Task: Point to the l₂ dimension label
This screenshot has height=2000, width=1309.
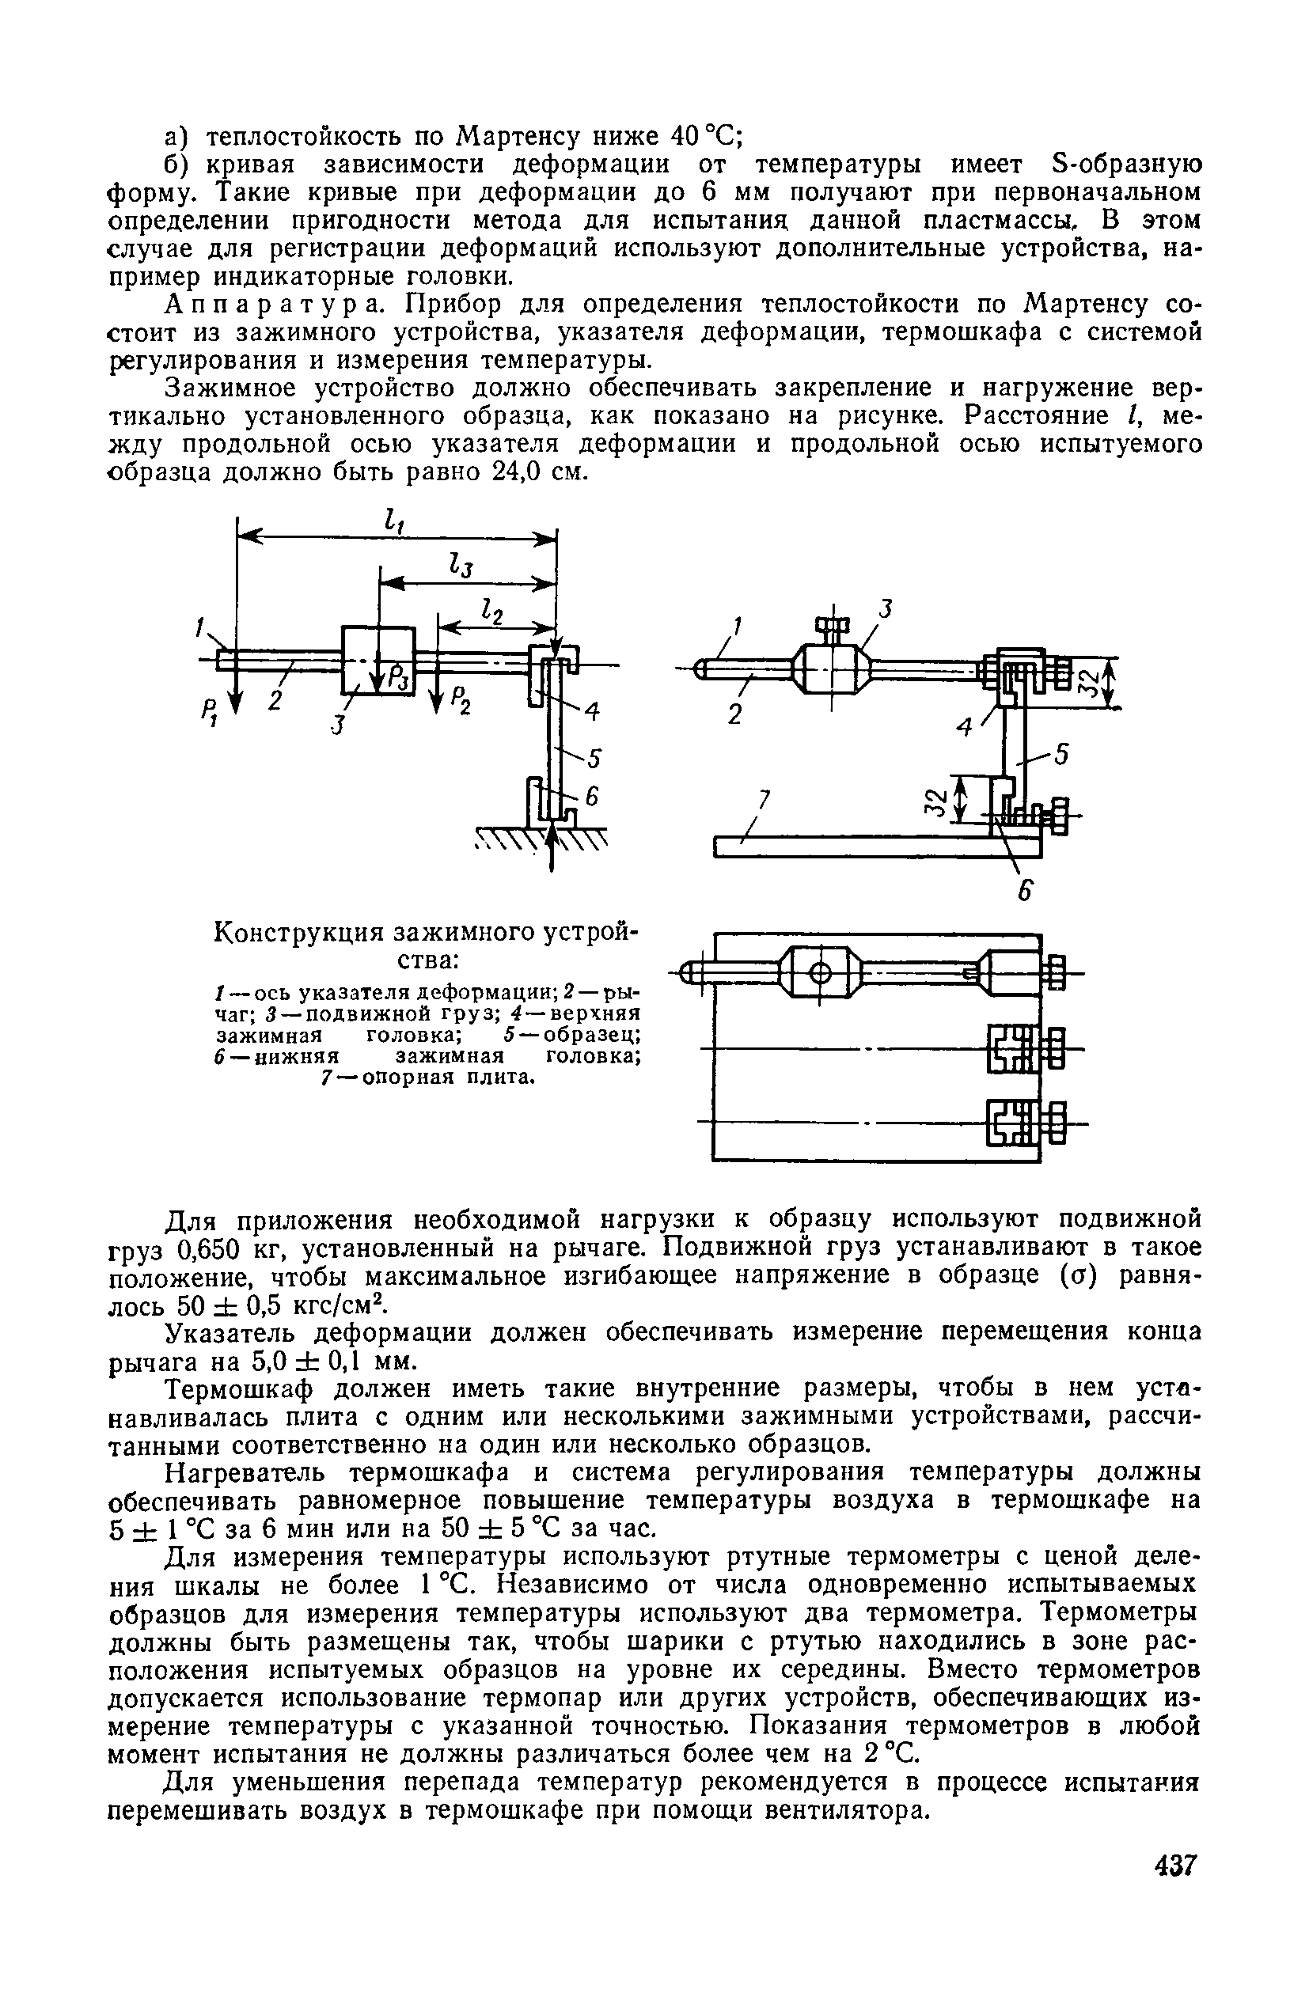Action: click(x=491, y=612)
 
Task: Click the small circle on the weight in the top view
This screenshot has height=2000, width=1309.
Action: click(x=821, y=974)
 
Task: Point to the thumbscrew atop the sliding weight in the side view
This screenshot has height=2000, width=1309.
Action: click(x=833, y=625)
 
